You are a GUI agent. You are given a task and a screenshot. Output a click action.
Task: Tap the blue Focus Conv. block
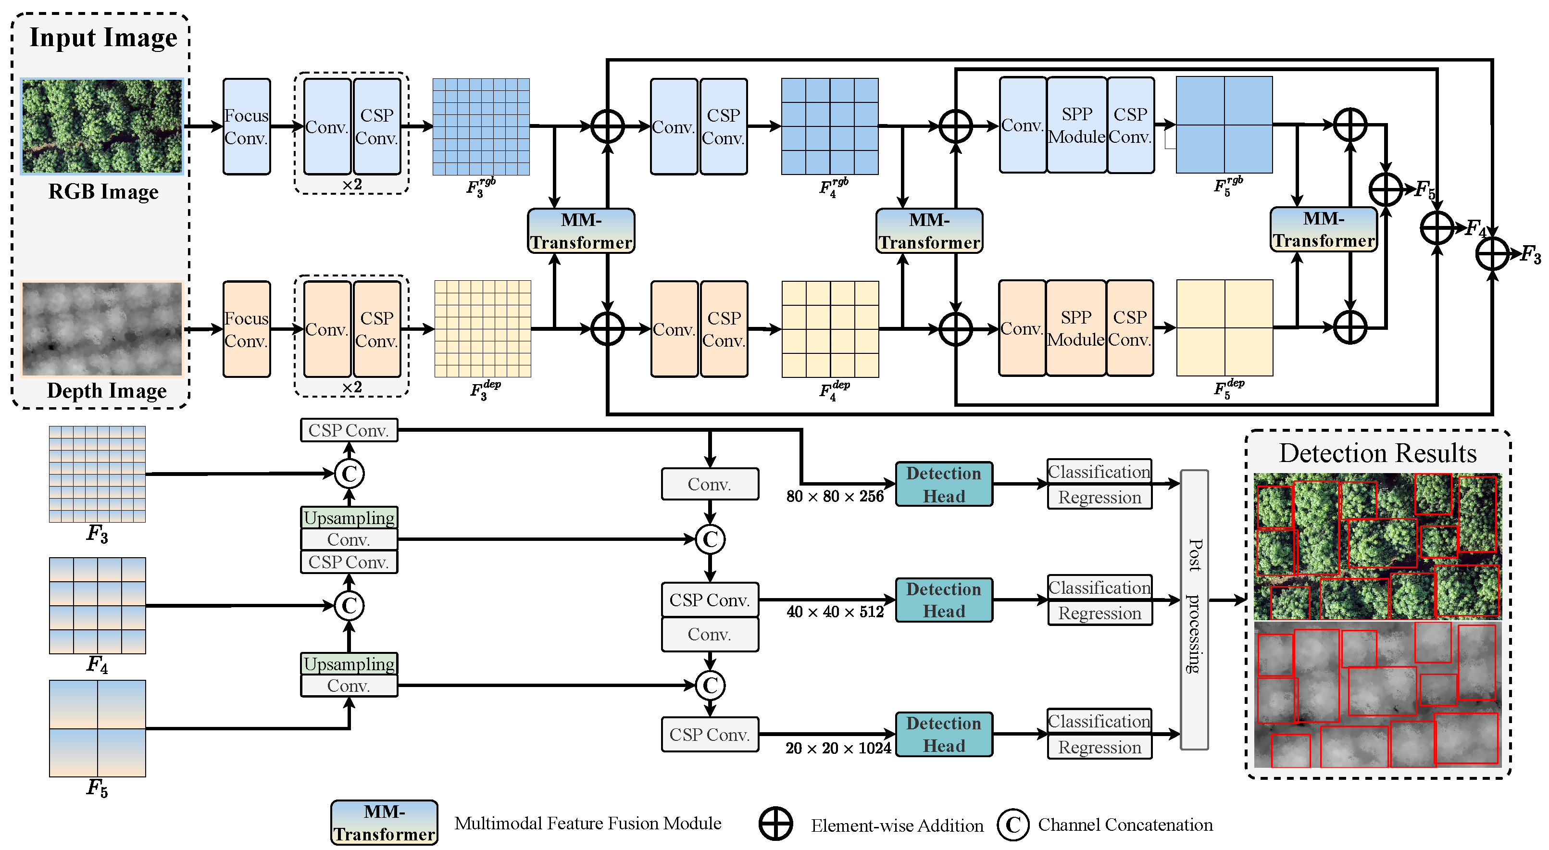click(247, 126)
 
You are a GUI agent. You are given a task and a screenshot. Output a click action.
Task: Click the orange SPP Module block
click(1076, 328)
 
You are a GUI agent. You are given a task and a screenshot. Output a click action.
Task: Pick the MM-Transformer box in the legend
click(384, 822)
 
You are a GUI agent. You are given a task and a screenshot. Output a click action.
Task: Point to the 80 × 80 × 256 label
click(835, 496)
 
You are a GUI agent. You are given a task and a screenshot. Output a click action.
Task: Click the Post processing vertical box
click(1194, 609)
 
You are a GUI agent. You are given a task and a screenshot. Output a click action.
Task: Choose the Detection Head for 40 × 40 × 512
click(943, 600)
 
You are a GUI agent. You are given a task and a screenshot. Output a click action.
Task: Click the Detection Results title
click(1377, 453)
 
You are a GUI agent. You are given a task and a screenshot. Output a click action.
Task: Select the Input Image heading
click(103, 37)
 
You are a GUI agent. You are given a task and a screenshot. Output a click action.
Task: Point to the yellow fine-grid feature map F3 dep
click(482, 329)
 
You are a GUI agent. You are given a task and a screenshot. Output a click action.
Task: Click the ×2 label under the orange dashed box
click(352, 387)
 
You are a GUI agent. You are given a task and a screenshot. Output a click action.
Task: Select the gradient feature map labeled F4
click(98, 605)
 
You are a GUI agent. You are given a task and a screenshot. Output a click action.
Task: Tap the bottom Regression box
click(1099, 747)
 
